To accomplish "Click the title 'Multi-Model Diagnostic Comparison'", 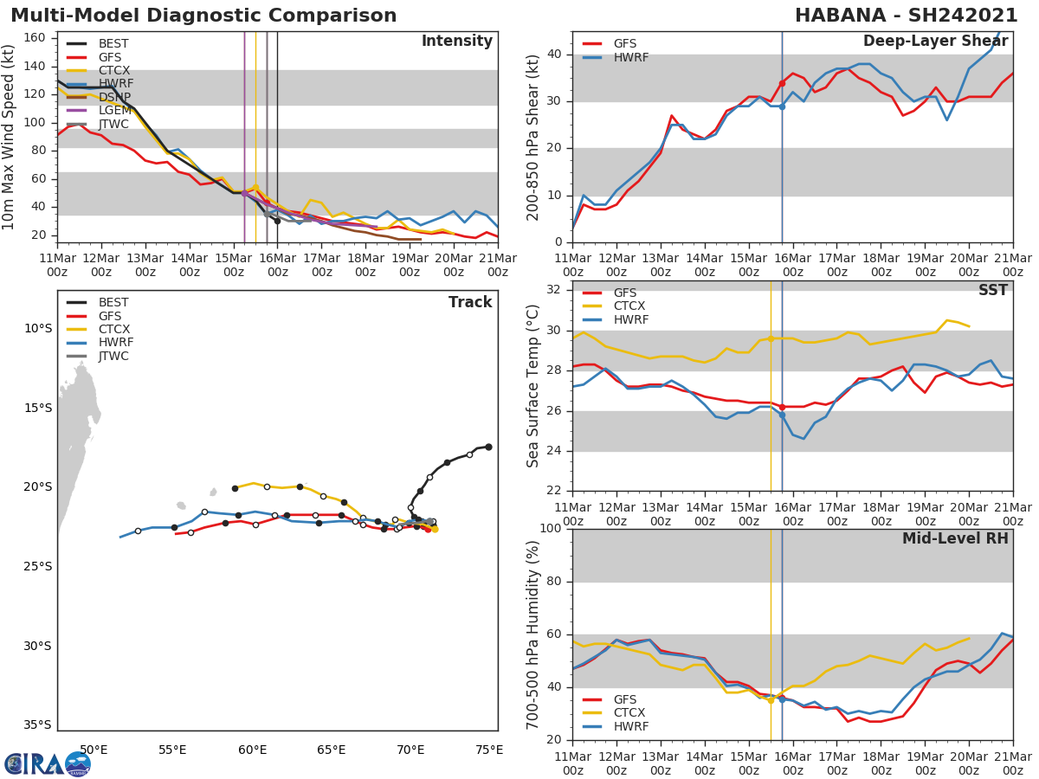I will (203, 16).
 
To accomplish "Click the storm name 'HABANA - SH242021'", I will (906, 16).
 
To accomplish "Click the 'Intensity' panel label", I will (456, 42).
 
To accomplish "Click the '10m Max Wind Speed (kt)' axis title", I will (10, 137).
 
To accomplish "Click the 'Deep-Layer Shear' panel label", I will (935, 42).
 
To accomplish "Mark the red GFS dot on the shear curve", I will (782, 83).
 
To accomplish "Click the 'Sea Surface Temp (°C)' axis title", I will (533, 387).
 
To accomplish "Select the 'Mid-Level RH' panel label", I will (955, 538).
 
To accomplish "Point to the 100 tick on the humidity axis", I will (552, 529).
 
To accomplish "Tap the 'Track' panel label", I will (470, 302).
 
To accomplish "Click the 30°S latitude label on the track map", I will (37, 646).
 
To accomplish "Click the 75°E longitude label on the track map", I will (489, 750).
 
